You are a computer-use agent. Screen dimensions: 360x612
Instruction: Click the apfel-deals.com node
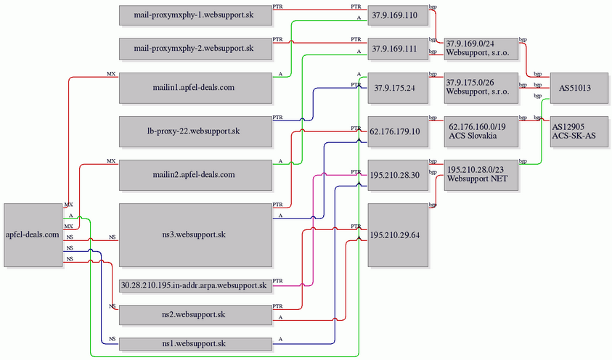click(x=32, y=235)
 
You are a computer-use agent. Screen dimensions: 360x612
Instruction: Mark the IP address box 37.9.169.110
click(x=394, y=15)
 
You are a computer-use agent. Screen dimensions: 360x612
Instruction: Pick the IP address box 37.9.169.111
click(x=394, y=49)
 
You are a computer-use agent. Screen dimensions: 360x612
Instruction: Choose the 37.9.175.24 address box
click(x=394, y=88)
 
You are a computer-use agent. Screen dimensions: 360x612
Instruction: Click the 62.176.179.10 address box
click(x=394, y=131)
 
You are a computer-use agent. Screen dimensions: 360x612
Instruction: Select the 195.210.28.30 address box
click(x=394, y=175)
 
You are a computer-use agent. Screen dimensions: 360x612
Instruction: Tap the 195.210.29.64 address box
click(x=394, y=235)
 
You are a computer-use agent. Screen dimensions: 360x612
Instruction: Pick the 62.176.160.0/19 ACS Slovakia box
click(x=482, y=131)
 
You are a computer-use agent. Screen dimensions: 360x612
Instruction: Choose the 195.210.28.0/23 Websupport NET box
click(x=482, y=175)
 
